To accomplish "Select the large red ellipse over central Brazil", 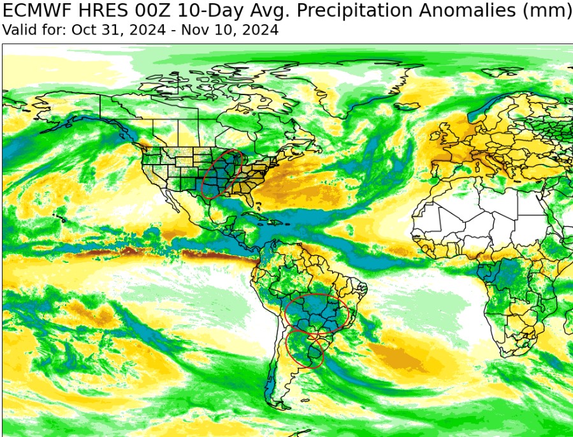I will point(317,315).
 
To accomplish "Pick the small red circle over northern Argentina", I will point(305,348).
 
